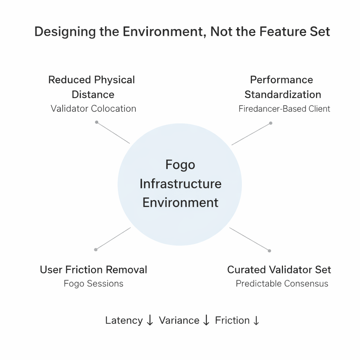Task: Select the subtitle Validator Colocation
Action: click(93, 108)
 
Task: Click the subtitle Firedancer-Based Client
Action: click(284, 109)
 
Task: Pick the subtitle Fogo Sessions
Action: click(94, 283)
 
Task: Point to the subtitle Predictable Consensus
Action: click(282, 283)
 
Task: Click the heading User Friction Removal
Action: click(94, 270)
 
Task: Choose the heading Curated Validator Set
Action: click(279, 270)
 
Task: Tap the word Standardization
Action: click(283, 94)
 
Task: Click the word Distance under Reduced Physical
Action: click(93, 94)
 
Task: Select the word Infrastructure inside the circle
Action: click(180, 184)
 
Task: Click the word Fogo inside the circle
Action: click(180, 165)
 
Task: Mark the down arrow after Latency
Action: click(150, 320)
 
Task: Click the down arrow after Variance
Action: click(206, 320)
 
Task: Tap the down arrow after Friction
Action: click(256, 320)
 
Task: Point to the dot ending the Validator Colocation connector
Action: click(97, 122)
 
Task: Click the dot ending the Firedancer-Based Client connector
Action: click(271, 123)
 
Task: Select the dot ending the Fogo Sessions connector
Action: click(96, 250)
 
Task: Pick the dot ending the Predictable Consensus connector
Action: click(269, 251)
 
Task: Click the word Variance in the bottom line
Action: click(179, 320)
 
